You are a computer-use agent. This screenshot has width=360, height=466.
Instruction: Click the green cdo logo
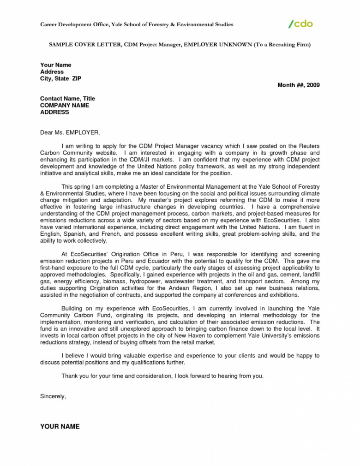[x=300, y=24]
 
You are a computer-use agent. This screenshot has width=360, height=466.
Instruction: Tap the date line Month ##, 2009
[x=298, y=85]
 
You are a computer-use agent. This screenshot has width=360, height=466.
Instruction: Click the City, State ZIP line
[x=60, y=79]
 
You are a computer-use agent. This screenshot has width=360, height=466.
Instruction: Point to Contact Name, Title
[x=67, y=99]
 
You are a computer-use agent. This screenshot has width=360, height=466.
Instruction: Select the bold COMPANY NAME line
[x=65, y=105]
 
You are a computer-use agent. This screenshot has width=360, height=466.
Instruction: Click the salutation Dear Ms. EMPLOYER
[x=70, y=132]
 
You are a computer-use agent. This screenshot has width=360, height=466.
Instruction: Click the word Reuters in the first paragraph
[x=308, y=146]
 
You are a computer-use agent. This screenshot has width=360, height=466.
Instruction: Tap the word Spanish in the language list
[x=72, y=234]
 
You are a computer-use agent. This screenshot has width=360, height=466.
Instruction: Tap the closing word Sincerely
[x=53, y=396]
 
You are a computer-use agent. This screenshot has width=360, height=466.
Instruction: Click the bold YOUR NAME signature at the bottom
[x=60, y=427]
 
